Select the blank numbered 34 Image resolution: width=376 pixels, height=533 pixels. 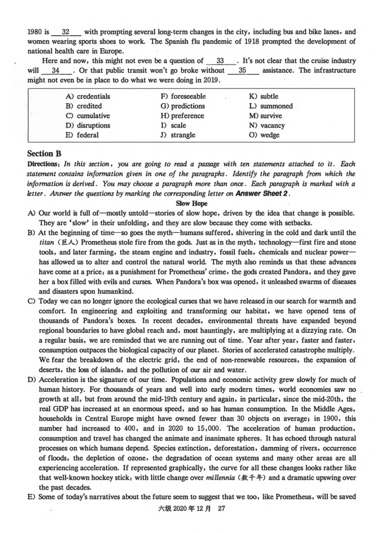55,71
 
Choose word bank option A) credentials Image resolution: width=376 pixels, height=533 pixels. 88,97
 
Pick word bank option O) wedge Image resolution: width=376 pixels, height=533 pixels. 265,135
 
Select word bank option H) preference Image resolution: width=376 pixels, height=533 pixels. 182,116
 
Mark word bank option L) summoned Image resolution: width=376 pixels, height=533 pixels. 271,106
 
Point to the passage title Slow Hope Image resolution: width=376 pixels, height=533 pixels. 190,203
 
